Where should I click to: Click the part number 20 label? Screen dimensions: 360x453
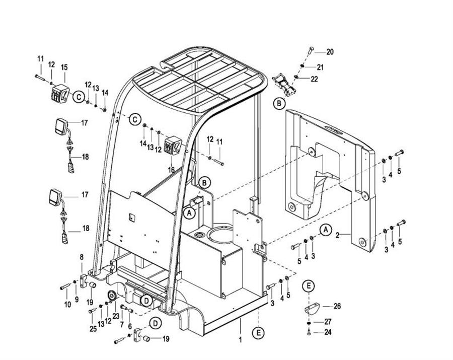[330, 52]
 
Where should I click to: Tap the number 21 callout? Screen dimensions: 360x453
[321, 66]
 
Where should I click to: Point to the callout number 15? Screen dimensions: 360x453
[64, 67]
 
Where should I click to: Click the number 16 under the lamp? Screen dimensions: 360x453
[171, 170]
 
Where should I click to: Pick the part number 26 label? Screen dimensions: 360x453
[337, 306]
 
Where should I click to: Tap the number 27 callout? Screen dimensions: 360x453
[328, 321]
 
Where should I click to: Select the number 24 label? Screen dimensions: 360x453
[328, 332]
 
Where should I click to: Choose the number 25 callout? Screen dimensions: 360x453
[92, 329]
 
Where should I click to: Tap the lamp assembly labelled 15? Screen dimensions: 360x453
[59, 94]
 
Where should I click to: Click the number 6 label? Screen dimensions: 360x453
[130, 326]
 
